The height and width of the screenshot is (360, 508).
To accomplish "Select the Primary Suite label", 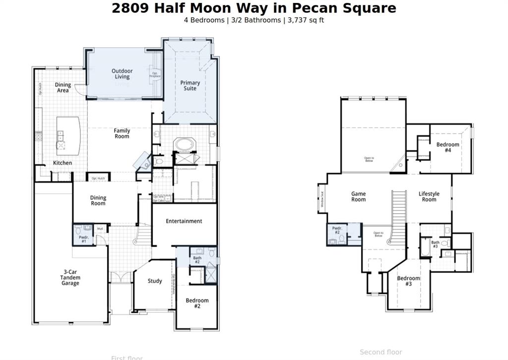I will click(190, 86).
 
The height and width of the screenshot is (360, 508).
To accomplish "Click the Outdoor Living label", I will click(122, 74).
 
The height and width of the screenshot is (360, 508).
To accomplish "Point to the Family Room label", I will click(122, 134).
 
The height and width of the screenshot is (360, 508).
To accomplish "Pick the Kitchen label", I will click(63, 163).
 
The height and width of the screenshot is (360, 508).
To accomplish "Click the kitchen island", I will click(68, 136).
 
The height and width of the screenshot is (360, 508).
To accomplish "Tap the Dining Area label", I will click(63, 88).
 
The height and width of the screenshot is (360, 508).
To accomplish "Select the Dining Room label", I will click(98, 201).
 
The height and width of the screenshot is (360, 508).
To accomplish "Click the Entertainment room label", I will click(184, 221).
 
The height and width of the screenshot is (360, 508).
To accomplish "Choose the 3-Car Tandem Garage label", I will click(70, 278).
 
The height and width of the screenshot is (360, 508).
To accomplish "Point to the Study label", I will click(155, 281).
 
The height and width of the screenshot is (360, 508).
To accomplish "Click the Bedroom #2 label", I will click(197, 303).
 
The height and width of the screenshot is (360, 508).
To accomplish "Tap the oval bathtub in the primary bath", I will click(185, 145).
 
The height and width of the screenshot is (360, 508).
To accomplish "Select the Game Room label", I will click(358, 197).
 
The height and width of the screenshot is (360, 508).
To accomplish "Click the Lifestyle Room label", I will click(429, 197).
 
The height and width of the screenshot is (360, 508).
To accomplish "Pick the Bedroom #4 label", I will click(447, 147).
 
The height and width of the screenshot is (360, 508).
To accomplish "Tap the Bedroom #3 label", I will click(408, 281).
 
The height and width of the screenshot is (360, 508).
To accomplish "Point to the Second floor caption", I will click(381, 352).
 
